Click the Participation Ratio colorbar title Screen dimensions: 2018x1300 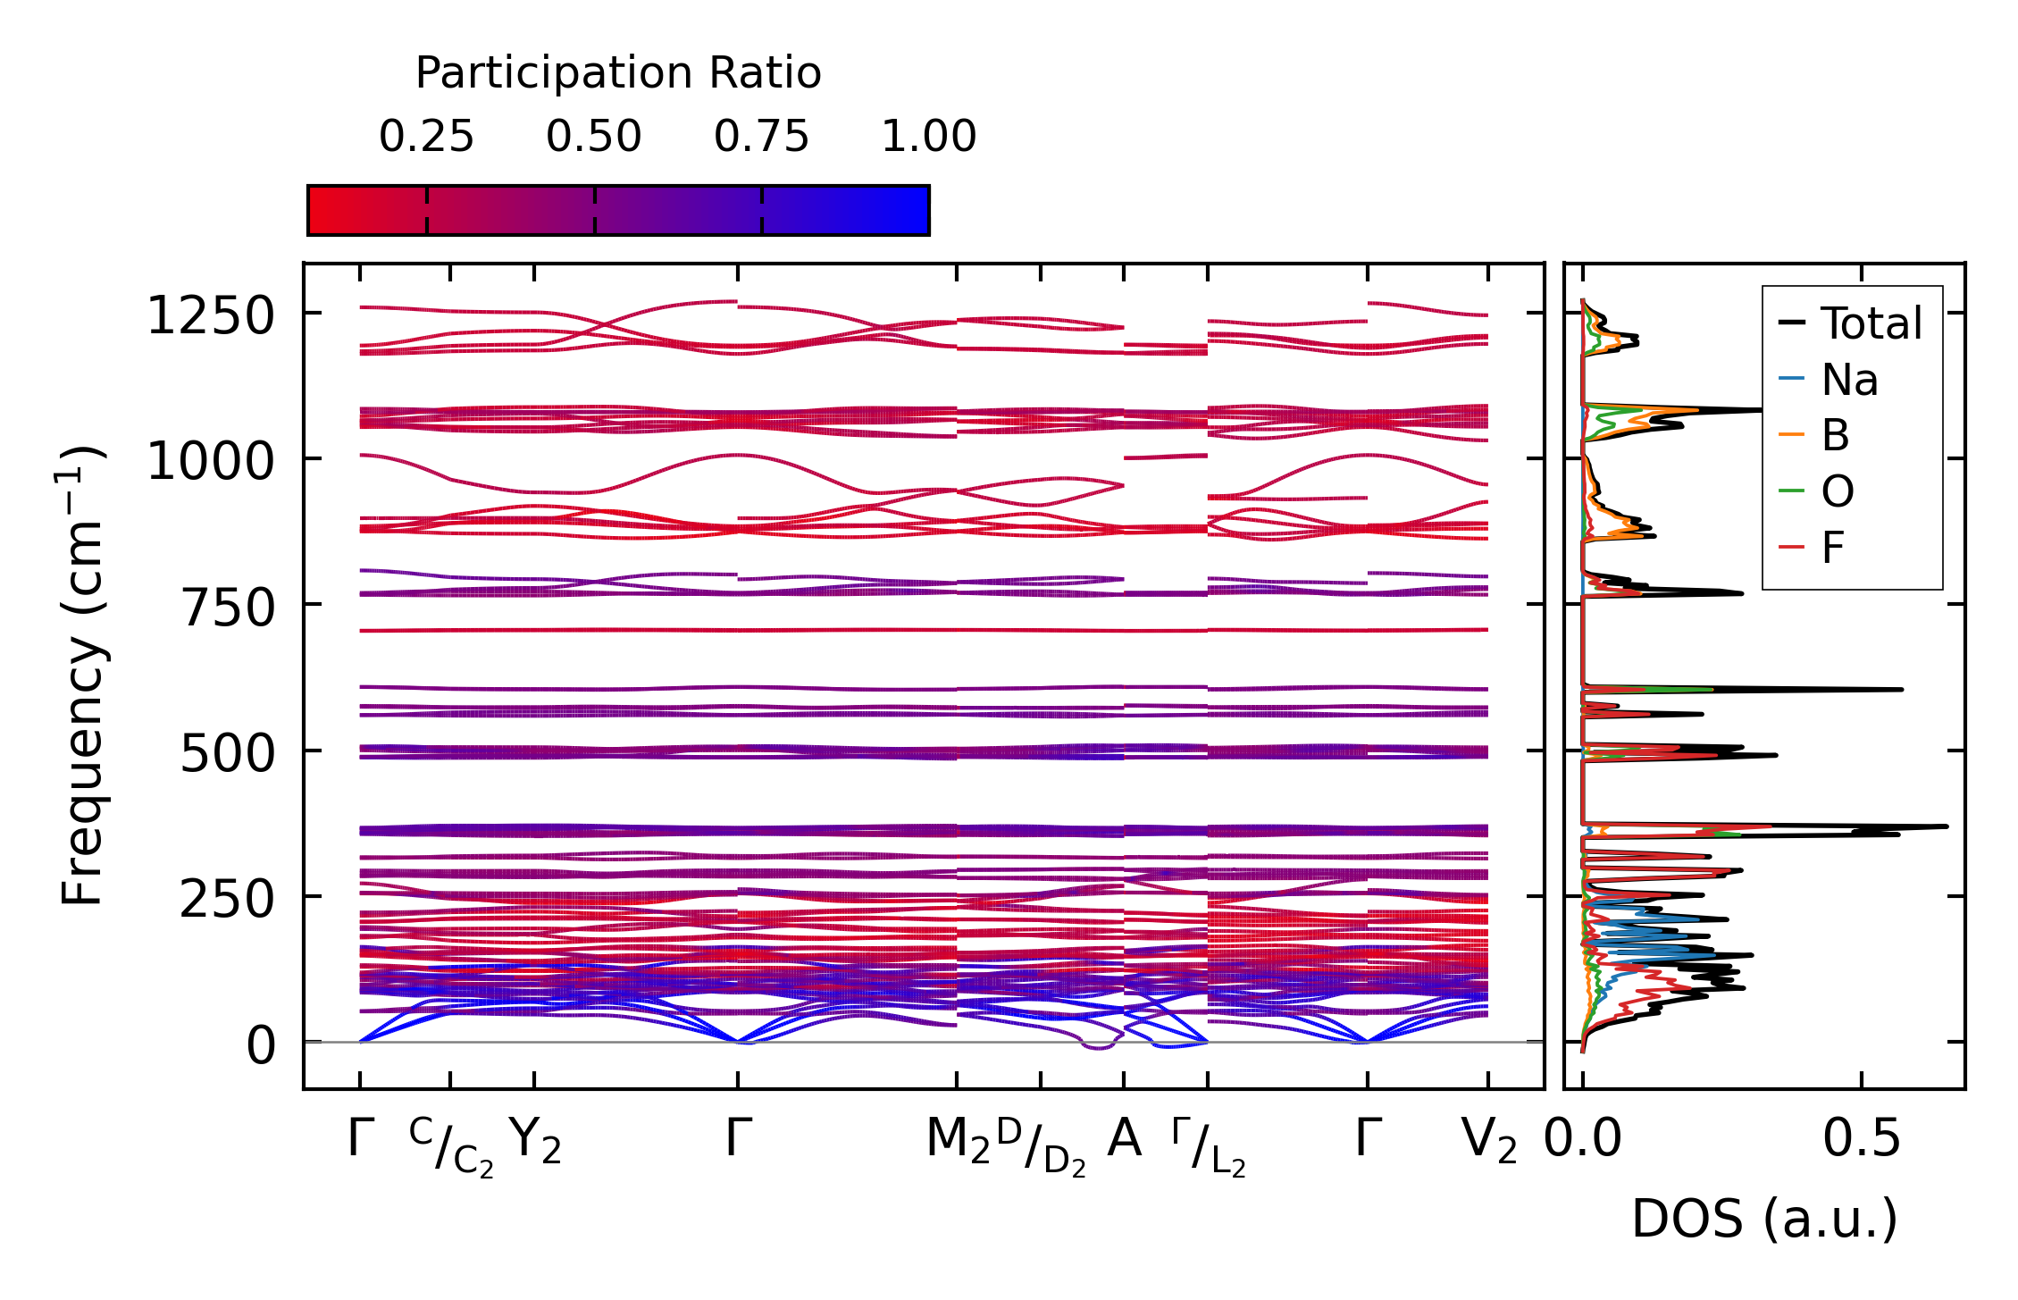[x=618, y=73]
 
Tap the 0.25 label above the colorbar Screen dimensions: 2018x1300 [x=426, y=137]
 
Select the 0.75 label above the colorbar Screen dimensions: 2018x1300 [x=761, y=137]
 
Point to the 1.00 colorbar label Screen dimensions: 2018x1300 [x=929, y=137]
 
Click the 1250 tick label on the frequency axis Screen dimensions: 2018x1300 [x=210, y=316]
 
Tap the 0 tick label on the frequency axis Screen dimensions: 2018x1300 [x=261, y=1045]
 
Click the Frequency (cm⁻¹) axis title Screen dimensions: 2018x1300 [x=82, y=675]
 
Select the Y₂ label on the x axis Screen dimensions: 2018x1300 [x=535, y=1142]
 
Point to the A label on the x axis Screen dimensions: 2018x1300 [x=1124, y=1139]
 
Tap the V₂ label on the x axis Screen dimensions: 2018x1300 [x=1489, y=1142]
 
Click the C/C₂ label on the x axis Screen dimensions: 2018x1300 [x=451, y=1147]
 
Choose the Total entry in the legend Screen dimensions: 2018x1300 [x=1850, y=323]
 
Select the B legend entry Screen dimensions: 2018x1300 [x=1814, y=435]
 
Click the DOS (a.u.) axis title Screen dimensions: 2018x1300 [x=1764, y=1220]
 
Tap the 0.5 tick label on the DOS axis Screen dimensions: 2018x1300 [x=1862, y=1139]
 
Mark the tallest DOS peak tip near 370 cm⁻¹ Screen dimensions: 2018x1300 [x=1947, y=826]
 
